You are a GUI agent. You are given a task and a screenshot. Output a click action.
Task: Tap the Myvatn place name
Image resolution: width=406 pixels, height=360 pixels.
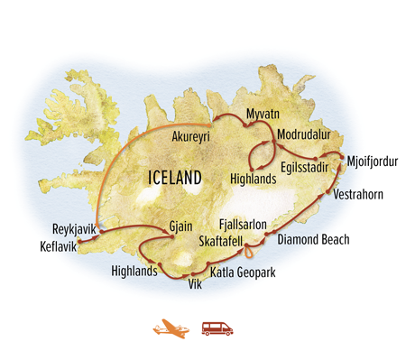point(266,115)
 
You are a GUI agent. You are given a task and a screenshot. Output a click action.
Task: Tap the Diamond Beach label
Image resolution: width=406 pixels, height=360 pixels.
point(313,241)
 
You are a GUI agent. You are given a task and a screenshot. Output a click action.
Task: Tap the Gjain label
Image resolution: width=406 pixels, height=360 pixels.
point(181,226)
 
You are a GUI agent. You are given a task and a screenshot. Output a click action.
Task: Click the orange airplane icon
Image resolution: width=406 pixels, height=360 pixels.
point(168,329)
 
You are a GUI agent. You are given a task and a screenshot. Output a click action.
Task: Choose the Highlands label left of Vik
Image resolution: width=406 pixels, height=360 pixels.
point(134,271)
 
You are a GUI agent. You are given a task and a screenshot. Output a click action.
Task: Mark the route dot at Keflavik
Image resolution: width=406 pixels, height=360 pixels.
point(80,241)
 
